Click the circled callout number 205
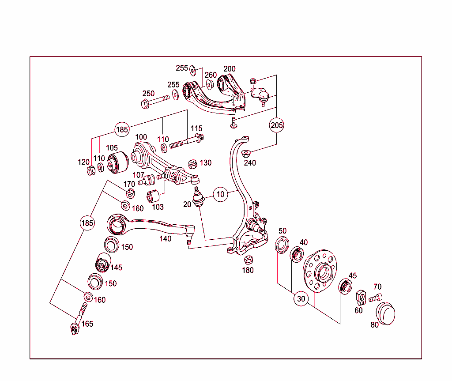pos(277,125)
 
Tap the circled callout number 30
pos(301,299)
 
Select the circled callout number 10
pos(221,194)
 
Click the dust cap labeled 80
pos(385,313)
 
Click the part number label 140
pos(165,239)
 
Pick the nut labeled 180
pos(248,260)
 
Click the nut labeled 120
pos(91,170)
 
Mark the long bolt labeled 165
pos(79,318)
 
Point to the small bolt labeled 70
pos(376,298)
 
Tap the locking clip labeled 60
pos(360,298)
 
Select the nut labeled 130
pos(193,164)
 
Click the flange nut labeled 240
pos(246,154)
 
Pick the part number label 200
pos(230,69)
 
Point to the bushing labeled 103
pos(153,194)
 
